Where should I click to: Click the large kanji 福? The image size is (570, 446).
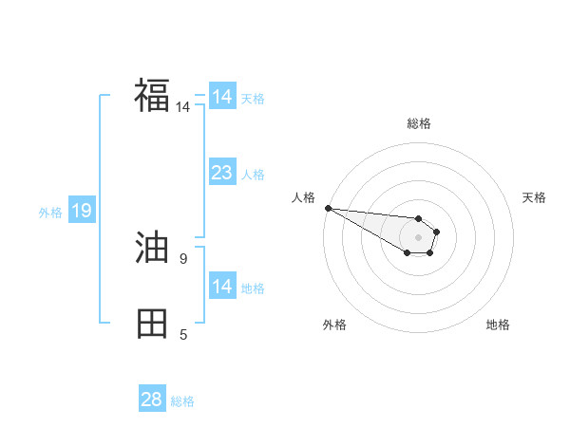(152, 95)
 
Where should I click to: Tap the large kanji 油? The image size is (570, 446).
(152, 249)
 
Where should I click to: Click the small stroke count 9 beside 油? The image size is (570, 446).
(182, 258)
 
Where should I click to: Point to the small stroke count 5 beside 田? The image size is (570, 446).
(183, 334)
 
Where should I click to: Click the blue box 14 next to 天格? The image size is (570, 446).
(221, 97)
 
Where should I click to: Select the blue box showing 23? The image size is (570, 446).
(221, 173)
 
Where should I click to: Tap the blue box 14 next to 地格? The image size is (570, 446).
(221, 287)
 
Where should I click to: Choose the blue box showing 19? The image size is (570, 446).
(82, 211)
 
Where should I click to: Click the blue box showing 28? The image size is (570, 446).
(152, 400)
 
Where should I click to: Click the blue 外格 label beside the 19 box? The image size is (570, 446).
(50, 213)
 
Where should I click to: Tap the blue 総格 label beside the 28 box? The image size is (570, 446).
(183, 401)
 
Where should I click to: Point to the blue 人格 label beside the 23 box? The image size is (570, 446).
(253, 175)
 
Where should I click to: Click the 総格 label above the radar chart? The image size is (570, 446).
(419, 123)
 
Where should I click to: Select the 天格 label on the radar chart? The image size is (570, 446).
(535, 197)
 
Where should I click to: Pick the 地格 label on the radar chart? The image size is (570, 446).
(498, 325)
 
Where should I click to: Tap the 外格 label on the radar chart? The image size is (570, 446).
(334, 325)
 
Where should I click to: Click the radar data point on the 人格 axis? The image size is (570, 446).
(328, 208)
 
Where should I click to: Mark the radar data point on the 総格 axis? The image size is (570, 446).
(419, 218)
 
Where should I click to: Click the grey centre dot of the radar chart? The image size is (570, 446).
(419, 237)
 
